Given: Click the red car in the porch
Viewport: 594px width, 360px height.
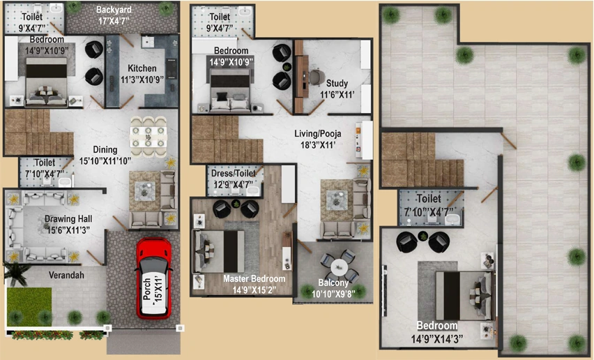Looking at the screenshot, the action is click(x=154, y=278).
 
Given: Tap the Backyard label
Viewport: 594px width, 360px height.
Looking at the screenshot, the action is click(x=114, y=10).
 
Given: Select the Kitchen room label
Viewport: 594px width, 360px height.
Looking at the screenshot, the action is click(x=142, y=68).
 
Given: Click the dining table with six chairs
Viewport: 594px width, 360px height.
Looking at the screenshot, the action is click(x=148, y=137).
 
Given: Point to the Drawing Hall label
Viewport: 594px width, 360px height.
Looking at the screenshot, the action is click(x=68, y=218).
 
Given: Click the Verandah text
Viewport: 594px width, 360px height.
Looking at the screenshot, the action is click(x=66, y=275).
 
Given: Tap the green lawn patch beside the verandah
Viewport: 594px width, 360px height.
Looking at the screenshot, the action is click(x=29, y=306).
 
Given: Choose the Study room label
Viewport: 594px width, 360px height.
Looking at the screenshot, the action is click(x=337, y=83).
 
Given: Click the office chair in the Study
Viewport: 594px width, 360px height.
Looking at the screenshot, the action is click(x=317, y=77).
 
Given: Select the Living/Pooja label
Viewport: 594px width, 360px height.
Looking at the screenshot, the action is click(x=318, y=134).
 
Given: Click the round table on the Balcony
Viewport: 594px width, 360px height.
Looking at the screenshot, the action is click(x=339, y=268).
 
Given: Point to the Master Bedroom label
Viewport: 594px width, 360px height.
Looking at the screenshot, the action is click(x=254, y=279).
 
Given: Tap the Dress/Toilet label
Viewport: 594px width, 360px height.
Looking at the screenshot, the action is click(x=234, y=174).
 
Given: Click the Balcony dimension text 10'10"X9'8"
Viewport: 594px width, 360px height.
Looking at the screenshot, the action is click(x=333, y=294).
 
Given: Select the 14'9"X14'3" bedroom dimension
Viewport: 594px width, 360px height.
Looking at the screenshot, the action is click(x=437, y=338).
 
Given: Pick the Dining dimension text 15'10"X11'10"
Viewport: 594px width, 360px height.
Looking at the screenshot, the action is click(x=105, y=160).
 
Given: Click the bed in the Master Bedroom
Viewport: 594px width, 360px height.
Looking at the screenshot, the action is click(x=220, y=252).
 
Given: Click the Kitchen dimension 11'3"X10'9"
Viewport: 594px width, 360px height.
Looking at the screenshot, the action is click(x=142, y=80).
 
